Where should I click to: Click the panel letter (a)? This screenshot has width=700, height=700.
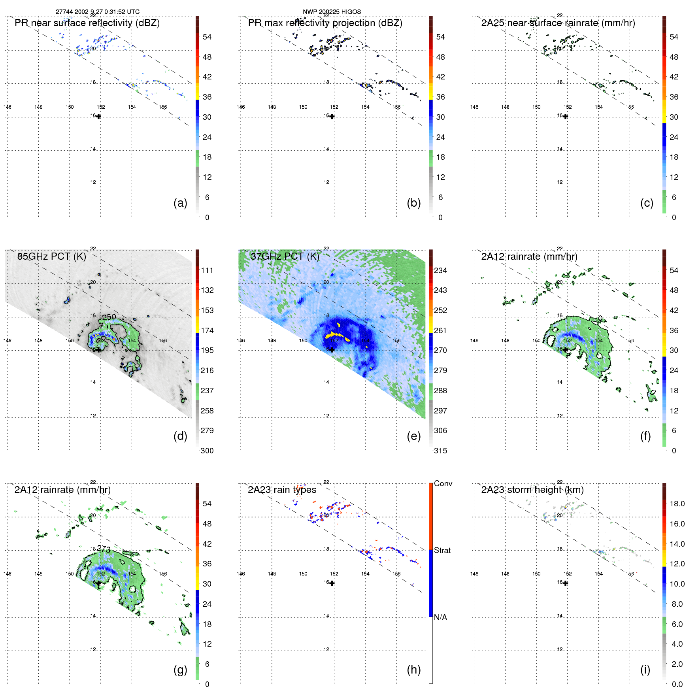point(180,203)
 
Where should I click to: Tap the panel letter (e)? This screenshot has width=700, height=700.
point(413,436)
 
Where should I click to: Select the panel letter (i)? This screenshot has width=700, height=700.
point(645,670)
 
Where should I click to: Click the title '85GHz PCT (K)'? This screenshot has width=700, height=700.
point(51,257)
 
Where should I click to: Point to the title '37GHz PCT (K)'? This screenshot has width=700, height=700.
point(285,257)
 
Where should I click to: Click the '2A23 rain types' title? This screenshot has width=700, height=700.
point(282,490)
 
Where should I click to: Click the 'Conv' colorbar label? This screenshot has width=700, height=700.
point(443,484)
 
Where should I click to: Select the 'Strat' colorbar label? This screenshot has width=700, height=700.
point(442,551)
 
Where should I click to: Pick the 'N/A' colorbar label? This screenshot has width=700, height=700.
point(440,617)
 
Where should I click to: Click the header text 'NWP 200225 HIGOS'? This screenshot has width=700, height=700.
point(332,12)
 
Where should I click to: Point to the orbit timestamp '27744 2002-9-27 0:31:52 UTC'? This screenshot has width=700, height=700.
point(98,12)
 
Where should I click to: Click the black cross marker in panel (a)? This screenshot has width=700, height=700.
point(99,117)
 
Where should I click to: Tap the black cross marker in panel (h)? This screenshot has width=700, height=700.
point(332,583)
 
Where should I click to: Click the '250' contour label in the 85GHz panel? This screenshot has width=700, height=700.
point(109,317)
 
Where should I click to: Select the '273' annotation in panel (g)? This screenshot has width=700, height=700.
point(104,549)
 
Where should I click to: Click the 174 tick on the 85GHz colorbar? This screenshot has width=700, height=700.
point(207,330)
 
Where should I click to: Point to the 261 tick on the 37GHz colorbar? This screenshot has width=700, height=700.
point(440,330)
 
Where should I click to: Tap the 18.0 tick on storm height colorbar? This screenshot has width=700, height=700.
point(677,504)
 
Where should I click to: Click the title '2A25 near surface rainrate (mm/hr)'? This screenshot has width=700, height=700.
point(558,23)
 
